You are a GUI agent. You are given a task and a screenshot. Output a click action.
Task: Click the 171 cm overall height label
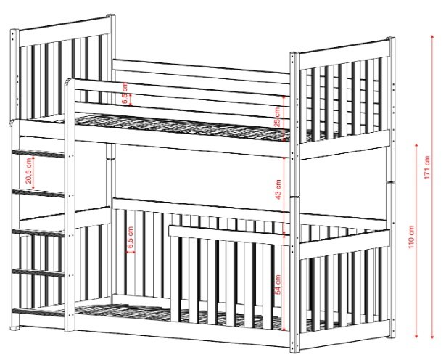click(x=427, y=168)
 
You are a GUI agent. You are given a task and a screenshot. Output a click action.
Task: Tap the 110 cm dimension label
click(x=411, y=237)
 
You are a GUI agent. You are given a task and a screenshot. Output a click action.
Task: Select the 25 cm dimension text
click(x=278, y=116)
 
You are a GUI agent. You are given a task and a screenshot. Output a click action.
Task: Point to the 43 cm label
click(x=278, y=189)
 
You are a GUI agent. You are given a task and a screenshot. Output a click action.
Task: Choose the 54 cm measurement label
click(x=278, y=285)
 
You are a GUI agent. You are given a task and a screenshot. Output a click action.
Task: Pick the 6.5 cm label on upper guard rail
click(x=124, y=93)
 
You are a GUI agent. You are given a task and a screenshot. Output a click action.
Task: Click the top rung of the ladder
click(x=38, y=154)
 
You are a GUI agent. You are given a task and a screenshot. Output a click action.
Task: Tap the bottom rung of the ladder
click(x=38, y=312)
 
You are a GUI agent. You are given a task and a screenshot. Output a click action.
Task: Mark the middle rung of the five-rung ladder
click(x=38, y=233)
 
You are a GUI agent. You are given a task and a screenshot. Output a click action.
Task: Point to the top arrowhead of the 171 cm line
click(x=432, y=36)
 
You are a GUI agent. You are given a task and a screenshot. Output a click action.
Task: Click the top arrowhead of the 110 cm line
click(x=416, y=145)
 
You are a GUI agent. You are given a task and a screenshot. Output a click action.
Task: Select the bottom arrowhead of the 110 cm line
click(x=416, y=337)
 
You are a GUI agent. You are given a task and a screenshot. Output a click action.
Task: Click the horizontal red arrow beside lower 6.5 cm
click(x=131, y=252)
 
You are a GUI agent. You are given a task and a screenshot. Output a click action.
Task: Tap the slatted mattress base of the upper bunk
click(x=182, y=127)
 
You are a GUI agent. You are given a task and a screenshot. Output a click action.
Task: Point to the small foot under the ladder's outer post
click(x=15, y=328)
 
